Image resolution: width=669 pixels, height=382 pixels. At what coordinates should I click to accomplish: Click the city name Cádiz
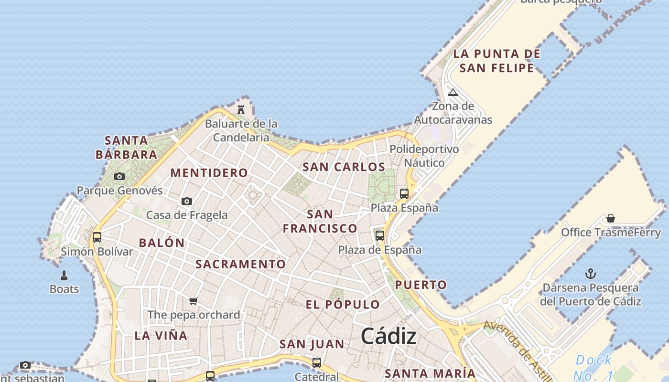388,337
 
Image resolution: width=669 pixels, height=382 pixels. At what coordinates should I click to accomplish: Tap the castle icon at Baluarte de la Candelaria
241,109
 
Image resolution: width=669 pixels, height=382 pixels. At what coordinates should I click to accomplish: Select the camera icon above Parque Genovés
119,177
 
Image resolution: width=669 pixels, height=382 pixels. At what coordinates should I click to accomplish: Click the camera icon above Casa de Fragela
187,201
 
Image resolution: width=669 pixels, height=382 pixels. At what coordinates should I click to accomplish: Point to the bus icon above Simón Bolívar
97,237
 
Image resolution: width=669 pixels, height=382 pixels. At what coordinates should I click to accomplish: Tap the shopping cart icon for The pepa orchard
194,301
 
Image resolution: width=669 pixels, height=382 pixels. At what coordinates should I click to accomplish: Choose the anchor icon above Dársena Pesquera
591,274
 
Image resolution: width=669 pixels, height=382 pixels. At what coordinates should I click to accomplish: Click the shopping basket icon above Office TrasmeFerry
610,218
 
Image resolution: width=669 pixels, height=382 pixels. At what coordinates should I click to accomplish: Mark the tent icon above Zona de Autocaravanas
453,92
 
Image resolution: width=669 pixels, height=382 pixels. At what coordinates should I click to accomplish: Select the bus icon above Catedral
316,362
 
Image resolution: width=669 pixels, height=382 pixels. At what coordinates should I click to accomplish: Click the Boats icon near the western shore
64,276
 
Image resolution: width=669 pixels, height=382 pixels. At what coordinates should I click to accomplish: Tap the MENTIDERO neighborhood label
209,173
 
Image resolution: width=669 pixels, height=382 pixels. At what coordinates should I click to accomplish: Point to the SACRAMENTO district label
240,264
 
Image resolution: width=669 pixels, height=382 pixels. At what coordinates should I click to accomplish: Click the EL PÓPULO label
343,305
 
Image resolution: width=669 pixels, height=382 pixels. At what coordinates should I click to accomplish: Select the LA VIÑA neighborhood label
161,335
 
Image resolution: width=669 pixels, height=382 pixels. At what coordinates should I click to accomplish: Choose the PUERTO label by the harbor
421,285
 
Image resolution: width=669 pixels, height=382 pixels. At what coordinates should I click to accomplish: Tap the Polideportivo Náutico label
424,156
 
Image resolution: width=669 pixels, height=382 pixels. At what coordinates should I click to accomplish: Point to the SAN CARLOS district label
344,167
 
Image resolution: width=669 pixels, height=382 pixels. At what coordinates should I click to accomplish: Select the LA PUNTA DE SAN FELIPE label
497,61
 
